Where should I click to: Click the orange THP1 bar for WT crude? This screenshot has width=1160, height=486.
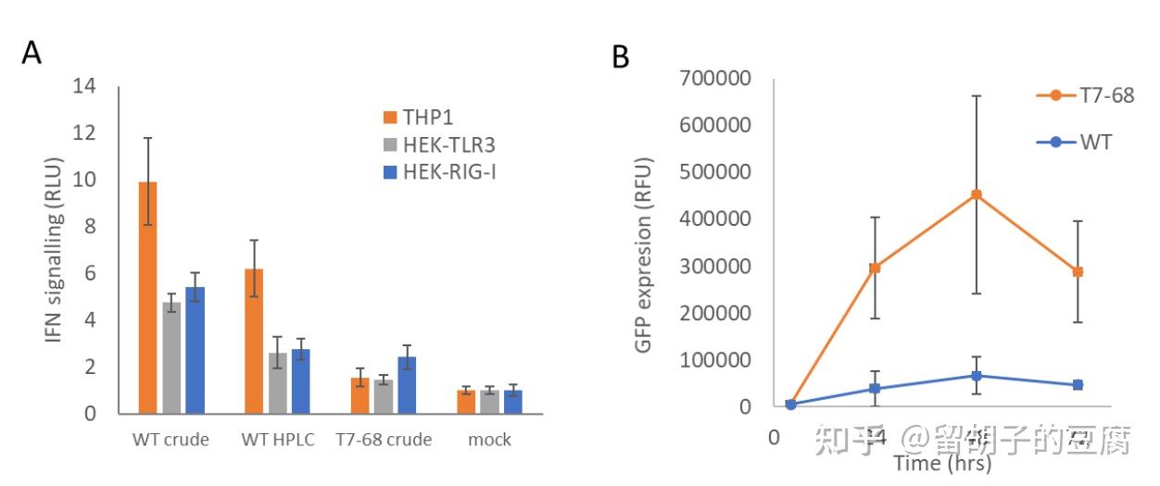tap(147, 297)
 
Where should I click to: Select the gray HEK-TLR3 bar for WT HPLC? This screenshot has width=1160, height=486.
tap(278, 383)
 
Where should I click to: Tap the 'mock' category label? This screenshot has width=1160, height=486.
tap(489, 440)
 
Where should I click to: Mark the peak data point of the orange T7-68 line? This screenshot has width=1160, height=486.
tap(977, 194)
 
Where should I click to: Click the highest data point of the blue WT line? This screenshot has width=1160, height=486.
tap(977, 375)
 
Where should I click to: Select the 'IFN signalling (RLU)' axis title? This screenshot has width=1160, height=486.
tap(55, 250)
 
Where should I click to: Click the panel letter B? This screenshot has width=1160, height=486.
tap(620, 57)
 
